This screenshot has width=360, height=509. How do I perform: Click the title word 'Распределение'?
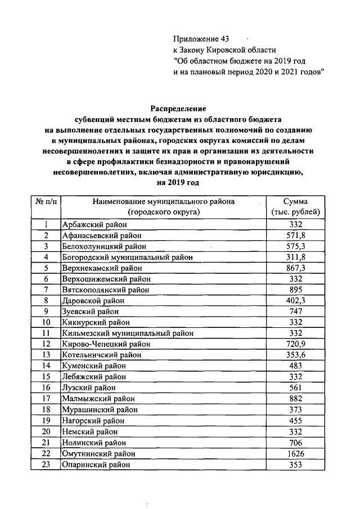(178, 108)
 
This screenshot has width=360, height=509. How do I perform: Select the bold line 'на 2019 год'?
(178, 183)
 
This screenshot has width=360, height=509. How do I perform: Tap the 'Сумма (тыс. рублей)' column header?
(295, 206)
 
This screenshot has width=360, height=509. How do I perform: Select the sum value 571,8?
(295, 236)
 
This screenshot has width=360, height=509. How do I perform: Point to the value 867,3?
(295, 268)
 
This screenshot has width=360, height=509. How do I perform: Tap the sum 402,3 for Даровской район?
(295, 301)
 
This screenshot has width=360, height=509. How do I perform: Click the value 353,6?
(295, 355)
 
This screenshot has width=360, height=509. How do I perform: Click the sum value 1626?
(295, 453)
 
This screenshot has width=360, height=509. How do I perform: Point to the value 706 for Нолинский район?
(295, 443)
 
